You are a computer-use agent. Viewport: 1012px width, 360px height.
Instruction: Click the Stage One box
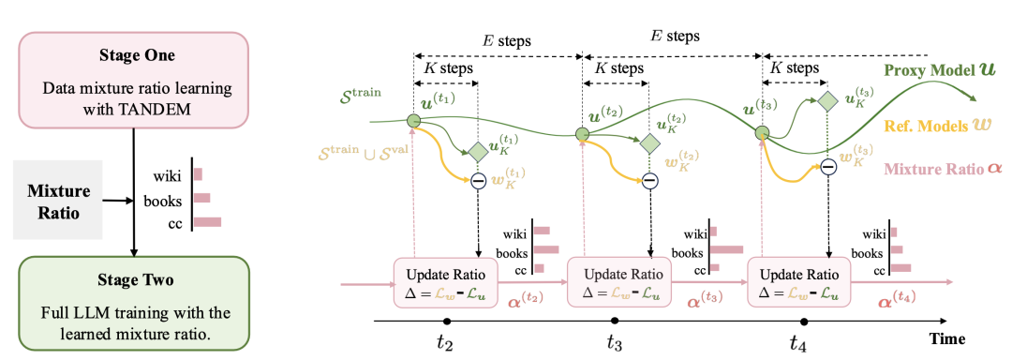[x=133, y=79]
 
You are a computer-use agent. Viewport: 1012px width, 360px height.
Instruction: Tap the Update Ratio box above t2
[x=446, y=282]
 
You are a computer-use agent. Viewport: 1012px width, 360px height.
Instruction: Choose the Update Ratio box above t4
[x=799, y=282]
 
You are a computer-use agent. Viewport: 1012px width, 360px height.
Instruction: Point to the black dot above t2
[x=446, y=321]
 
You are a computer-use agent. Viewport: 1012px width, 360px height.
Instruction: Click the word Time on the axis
[x=946, y=338]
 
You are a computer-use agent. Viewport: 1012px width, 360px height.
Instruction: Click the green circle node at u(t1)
[x=414, y=120]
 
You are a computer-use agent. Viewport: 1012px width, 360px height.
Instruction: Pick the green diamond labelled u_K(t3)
[x=826, y=100]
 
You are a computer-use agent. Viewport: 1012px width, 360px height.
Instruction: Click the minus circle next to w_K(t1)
[x=478, y=181]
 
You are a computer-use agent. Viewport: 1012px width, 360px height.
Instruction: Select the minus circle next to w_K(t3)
[x=828, y=167]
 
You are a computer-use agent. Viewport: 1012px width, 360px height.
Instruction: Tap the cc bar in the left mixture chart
[x=208, y=222]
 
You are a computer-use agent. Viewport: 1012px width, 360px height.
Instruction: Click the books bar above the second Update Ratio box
[x=727, y=249]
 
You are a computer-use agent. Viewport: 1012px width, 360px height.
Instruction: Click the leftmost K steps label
[x=447, y=68]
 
